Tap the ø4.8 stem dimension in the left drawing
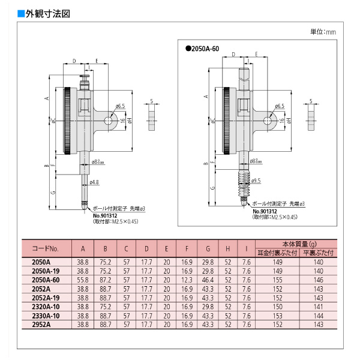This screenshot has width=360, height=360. pos(94,182)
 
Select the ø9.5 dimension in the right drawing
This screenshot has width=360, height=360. pos(255,181)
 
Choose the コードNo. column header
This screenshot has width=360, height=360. pos(46,248)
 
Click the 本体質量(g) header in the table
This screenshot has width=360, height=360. pos(295,244)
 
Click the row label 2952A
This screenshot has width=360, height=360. pos(38,324)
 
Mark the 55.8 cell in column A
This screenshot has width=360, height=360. pos(83,280)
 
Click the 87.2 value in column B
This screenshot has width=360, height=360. pos(105,280)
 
